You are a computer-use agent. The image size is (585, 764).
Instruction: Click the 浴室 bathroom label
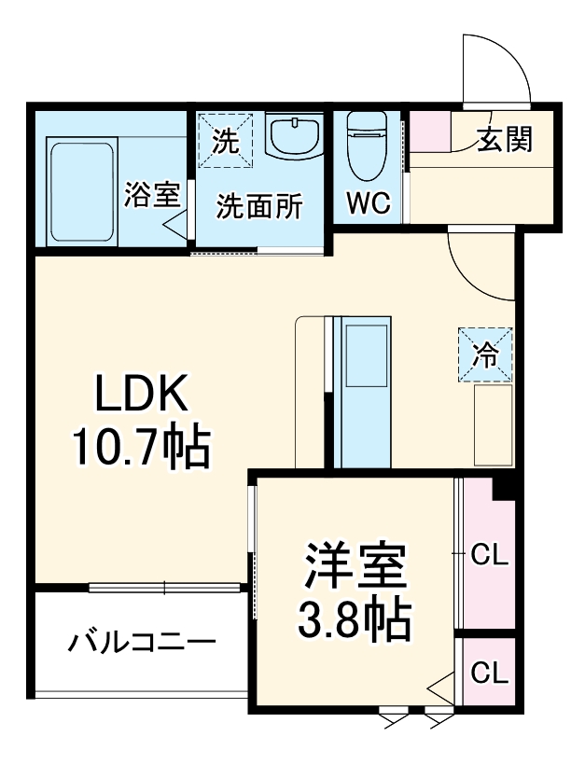151,195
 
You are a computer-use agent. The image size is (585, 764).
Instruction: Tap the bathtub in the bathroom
81,191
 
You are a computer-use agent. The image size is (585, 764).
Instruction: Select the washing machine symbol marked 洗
225,142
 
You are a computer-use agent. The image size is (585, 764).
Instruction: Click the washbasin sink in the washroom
295,135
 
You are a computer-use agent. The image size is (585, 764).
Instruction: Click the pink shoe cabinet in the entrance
430,132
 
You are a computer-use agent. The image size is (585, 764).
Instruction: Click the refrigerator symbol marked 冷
485,354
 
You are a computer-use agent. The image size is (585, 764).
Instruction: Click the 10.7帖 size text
142,450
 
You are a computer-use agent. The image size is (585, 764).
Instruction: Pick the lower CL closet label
488,672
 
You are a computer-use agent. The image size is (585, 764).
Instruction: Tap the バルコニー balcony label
142,643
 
